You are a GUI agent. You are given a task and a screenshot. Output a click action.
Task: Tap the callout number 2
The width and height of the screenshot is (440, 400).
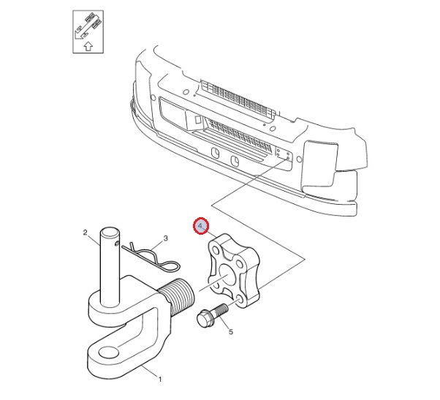coord(86,234)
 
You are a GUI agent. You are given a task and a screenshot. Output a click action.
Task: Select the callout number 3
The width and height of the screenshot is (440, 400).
coord(165,238)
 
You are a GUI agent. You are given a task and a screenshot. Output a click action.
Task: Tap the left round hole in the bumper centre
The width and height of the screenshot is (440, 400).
coord(216,153)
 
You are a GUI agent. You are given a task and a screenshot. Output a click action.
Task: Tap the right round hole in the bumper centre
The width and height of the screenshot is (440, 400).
coord(235,161)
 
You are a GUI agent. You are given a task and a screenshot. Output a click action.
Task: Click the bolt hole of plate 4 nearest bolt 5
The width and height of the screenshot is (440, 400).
coord(241,301)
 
